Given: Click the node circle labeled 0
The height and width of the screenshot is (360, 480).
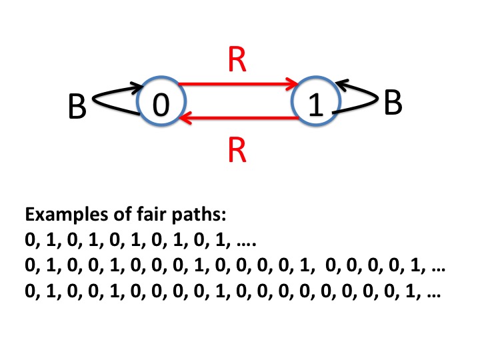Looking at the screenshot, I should (x=158, y=105).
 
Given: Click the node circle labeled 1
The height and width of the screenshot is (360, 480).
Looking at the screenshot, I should (x=317, y=105).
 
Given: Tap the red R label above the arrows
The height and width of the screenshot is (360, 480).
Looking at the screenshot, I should (x=237, y=61).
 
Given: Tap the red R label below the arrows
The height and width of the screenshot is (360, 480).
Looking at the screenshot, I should (x=237, y=153).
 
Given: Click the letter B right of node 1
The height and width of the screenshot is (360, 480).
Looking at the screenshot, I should (x=393, y=103).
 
